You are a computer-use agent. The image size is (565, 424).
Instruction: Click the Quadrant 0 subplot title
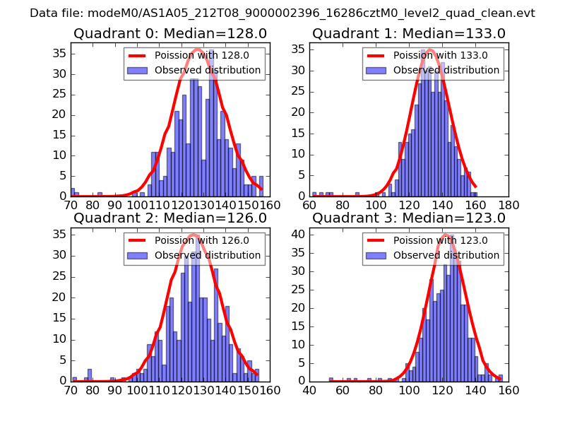click(x=169, y=34)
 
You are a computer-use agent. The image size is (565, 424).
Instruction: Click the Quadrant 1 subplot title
click(x=409, y=34)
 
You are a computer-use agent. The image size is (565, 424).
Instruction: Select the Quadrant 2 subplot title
click(x=169, y=218)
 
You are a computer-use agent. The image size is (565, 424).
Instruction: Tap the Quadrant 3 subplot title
click(x=409, y=218)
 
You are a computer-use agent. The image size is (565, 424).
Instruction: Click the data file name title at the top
click(x=282, y=13)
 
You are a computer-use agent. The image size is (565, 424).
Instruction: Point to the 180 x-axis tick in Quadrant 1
click(x=509, y=205)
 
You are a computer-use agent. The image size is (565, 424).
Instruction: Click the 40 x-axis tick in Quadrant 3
click(x=309, y=389)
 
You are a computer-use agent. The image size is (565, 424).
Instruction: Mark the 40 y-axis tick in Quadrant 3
click(x=298, y=234)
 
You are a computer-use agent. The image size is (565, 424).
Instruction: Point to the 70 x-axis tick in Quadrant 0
click(x=71, y=205)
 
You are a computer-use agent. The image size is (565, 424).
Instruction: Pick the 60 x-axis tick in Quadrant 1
click(x=309, y=205)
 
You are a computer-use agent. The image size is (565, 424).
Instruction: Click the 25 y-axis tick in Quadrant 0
click(x=59, y=94)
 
